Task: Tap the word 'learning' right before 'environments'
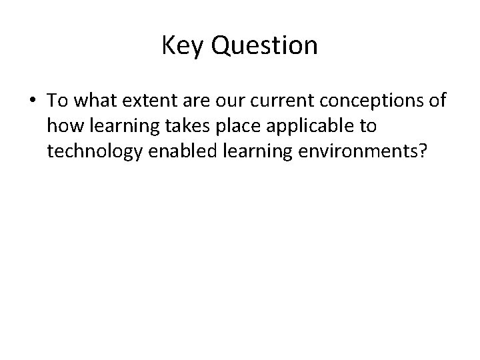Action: coord(246,151)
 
